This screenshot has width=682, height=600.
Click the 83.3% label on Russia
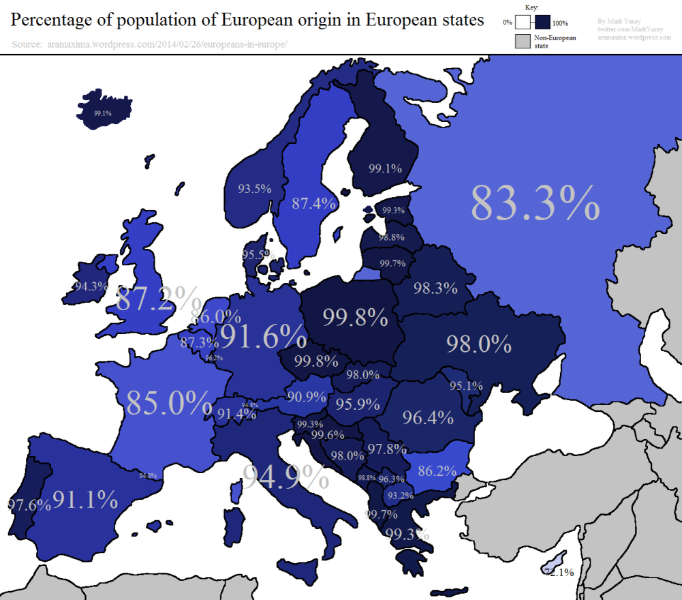535,202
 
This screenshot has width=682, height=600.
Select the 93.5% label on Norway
255,189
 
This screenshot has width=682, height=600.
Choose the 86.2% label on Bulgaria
437,470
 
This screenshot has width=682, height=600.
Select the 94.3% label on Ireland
91,286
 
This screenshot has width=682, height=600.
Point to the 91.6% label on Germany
263,335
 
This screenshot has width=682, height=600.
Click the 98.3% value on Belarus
435,288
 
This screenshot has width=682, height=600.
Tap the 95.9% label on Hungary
358,404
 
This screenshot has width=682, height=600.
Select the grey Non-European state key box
522,41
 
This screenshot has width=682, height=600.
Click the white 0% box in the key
523,22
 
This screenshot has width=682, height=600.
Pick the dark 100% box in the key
543,22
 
